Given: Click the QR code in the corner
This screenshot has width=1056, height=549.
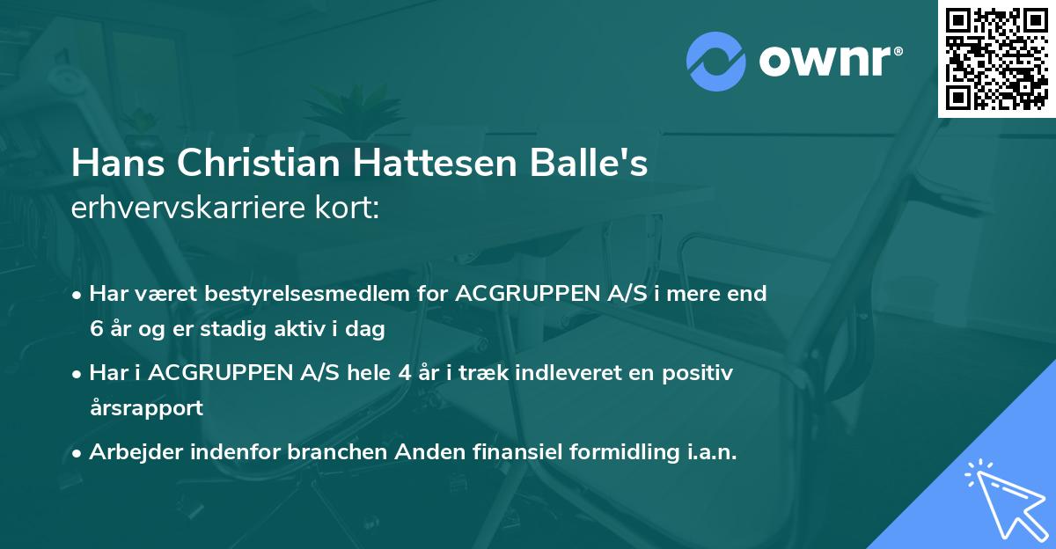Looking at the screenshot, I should coord(997,58).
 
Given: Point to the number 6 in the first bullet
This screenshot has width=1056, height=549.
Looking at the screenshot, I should coord(95,330).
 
